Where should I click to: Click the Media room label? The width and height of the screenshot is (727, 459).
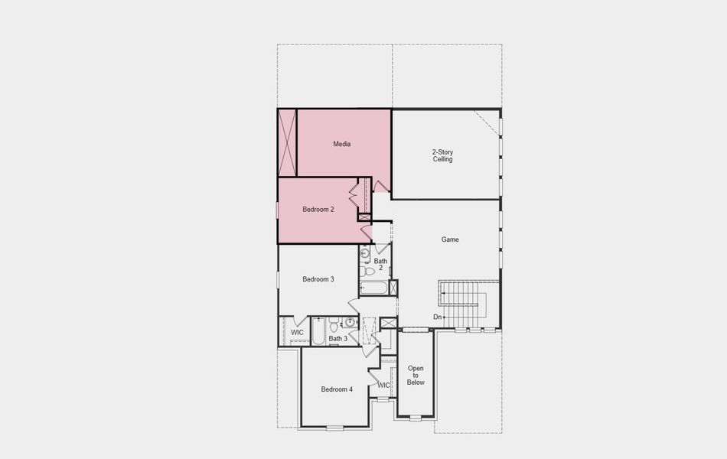pos(342,144)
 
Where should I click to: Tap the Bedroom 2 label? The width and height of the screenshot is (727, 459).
pos(318,210)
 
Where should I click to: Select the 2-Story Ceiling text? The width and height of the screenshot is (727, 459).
pos(443,156)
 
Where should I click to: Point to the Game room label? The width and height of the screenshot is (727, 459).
pos(450,239)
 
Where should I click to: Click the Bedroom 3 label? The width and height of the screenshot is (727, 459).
pos(318,279)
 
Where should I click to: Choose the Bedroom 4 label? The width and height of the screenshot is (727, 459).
pos(337,389)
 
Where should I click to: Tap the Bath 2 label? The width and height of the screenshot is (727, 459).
pos(380,265)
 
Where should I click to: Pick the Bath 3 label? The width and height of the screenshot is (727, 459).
pos(338,338)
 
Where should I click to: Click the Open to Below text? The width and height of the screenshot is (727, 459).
pos(416,375)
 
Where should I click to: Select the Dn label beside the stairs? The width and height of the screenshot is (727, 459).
pos(438,317)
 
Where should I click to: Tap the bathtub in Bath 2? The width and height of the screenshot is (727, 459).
pos(374,288)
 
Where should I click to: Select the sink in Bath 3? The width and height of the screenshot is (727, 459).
pos(350,322)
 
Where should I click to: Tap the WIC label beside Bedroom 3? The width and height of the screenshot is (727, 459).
pos(298,333)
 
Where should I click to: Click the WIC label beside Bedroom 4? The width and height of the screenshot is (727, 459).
pos(384,385)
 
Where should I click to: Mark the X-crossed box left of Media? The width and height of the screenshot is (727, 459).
pos(288,143)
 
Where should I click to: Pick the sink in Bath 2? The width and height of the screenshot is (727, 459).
pos(365,253)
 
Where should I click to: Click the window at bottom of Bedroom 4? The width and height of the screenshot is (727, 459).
pos(334,427)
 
